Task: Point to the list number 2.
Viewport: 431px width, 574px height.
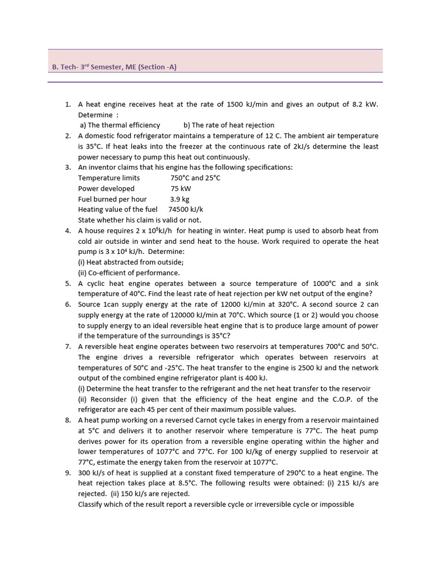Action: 67,136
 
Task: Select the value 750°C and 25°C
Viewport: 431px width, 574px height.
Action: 195,178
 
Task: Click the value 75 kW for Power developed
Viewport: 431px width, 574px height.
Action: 181,188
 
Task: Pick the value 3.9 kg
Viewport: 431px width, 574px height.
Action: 180,199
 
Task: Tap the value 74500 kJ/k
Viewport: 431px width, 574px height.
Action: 185,209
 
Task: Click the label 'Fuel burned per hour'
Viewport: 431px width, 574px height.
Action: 112,199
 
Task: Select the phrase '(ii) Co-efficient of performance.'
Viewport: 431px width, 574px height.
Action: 129,272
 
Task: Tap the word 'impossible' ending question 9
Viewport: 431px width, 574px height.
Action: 336,504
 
